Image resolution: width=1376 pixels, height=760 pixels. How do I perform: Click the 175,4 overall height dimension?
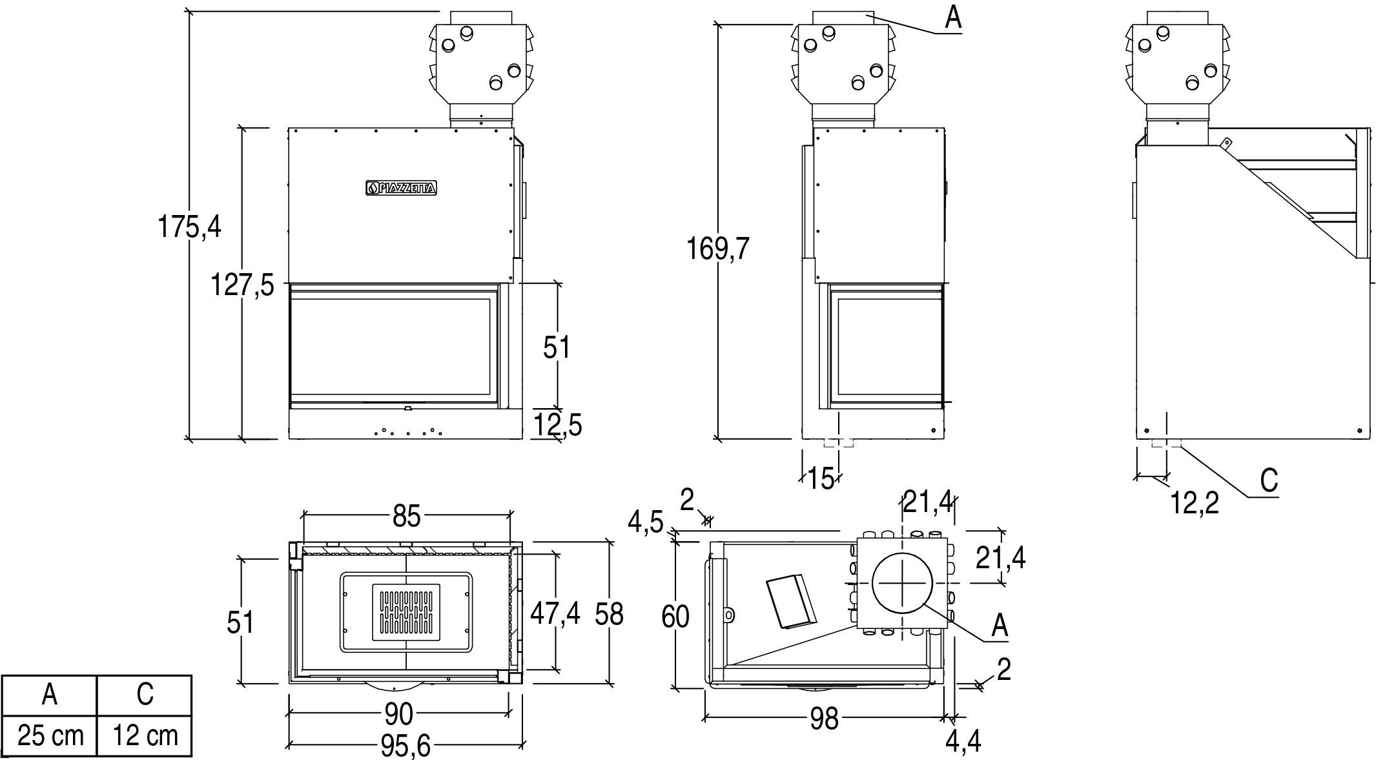(189, 227)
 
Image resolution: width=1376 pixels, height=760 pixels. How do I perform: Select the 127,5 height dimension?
(242, 285)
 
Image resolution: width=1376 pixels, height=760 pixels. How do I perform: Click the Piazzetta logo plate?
(402, 188)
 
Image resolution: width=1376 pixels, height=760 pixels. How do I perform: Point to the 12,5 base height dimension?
(558, 425)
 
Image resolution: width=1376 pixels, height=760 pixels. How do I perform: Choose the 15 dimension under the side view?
(821, 479)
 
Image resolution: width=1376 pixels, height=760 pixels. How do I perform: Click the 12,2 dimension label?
(1195, 503)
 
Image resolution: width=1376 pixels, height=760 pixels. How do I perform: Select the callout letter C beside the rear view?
(1269, 480)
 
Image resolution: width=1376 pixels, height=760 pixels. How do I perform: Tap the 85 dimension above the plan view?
(407, 516)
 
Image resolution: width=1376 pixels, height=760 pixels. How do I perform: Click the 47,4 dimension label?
(555, 613)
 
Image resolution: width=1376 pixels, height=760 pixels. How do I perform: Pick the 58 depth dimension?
(609, 613)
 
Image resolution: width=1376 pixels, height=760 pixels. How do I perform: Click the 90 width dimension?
(398, 714)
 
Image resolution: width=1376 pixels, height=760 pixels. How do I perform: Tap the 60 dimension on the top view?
(675, 617)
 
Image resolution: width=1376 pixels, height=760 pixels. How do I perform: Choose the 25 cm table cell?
(50, 735)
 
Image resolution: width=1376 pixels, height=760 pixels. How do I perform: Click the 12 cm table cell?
(145, 735)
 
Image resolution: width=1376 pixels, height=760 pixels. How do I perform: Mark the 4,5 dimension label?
(646, 523)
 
